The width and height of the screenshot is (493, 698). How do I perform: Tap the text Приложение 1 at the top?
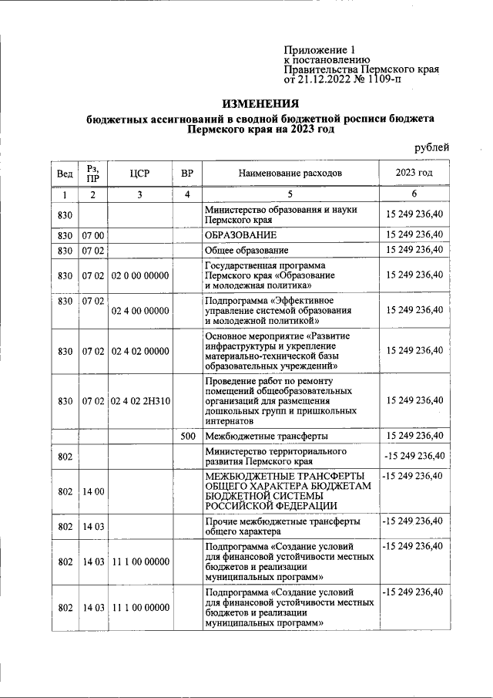(320, 49)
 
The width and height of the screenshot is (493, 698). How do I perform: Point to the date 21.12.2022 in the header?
(324, 79)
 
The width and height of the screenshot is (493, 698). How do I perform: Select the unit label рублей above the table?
(431, 147)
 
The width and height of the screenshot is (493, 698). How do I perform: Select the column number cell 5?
(290, 194)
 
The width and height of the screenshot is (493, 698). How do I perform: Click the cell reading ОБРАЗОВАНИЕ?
(240, 234)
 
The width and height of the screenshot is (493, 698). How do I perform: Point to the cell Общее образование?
(247, 251)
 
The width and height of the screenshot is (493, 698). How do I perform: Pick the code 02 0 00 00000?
(140, 275)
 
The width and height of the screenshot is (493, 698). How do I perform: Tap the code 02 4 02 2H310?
(140, 401)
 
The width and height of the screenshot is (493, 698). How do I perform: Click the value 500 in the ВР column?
(186, 435)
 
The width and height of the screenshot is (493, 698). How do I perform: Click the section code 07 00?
(93, 234)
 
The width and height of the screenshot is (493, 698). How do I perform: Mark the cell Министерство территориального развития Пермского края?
(275, 456)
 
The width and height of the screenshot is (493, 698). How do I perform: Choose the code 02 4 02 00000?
(140, 351)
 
